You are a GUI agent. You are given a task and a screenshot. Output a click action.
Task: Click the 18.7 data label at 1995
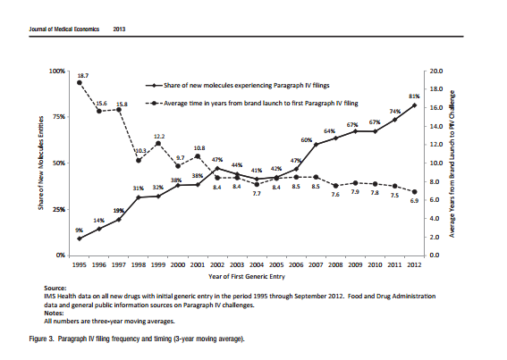pyautogui.click(x=83, y=76)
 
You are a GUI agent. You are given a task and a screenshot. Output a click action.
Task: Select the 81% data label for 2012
pyautogui.click(x=414, y=96)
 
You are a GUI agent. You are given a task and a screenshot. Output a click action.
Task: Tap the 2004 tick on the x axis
pyautogui.click(x=257, y=265)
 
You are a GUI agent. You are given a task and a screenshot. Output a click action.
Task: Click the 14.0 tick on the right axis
pyautogui.click(x=436, y=126)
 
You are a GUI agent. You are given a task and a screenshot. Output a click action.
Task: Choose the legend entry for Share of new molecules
pyautogui.click(x=237, y=86)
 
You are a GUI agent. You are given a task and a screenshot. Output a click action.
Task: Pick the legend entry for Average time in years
pyautogui.click(x=251, y=104)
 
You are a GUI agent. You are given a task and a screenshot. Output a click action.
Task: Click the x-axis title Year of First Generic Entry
pyautogui.click(x=247, y=277)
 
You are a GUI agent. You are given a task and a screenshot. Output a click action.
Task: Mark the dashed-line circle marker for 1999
pyautogui.click(x=158, y=144)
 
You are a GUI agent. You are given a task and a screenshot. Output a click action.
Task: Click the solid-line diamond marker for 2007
pyautogui.click(x=316, y=145)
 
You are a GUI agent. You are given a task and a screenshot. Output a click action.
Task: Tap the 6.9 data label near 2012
pyautogui.click(x=414, y=201)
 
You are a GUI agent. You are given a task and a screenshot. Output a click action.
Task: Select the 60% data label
pyautogui.click(x=307, y=140)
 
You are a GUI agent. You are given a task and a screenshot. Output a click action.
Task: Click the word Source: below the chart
pyautogui.click(x=55, y=289)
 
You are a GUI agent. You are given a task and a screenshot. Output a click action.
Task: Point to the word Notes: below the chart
pyautogui.click(x=54, y=314)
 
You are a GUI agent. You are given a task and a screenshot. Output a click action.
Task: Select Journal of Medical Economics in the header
pyautogui.click(x=64, y=29)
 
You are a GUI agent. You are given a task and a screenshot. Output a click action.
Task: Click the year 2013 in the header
pyautogui.click(x=119, y=29)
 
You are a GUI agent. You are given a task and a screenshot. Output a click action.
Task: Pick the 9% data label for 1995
pyautogui.click(x=80, y=230)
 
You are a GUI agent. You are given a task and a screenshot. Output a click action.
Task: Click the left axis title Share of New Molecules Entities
pyautogui.click(x=41, y=163)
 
